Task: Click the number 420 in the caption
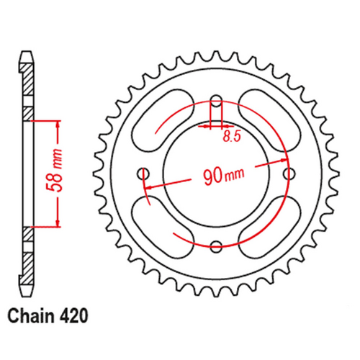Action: pos(74,315)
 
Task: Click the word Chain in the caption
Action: pos(32,315)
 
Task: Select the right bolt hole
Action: pos(290,174)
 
